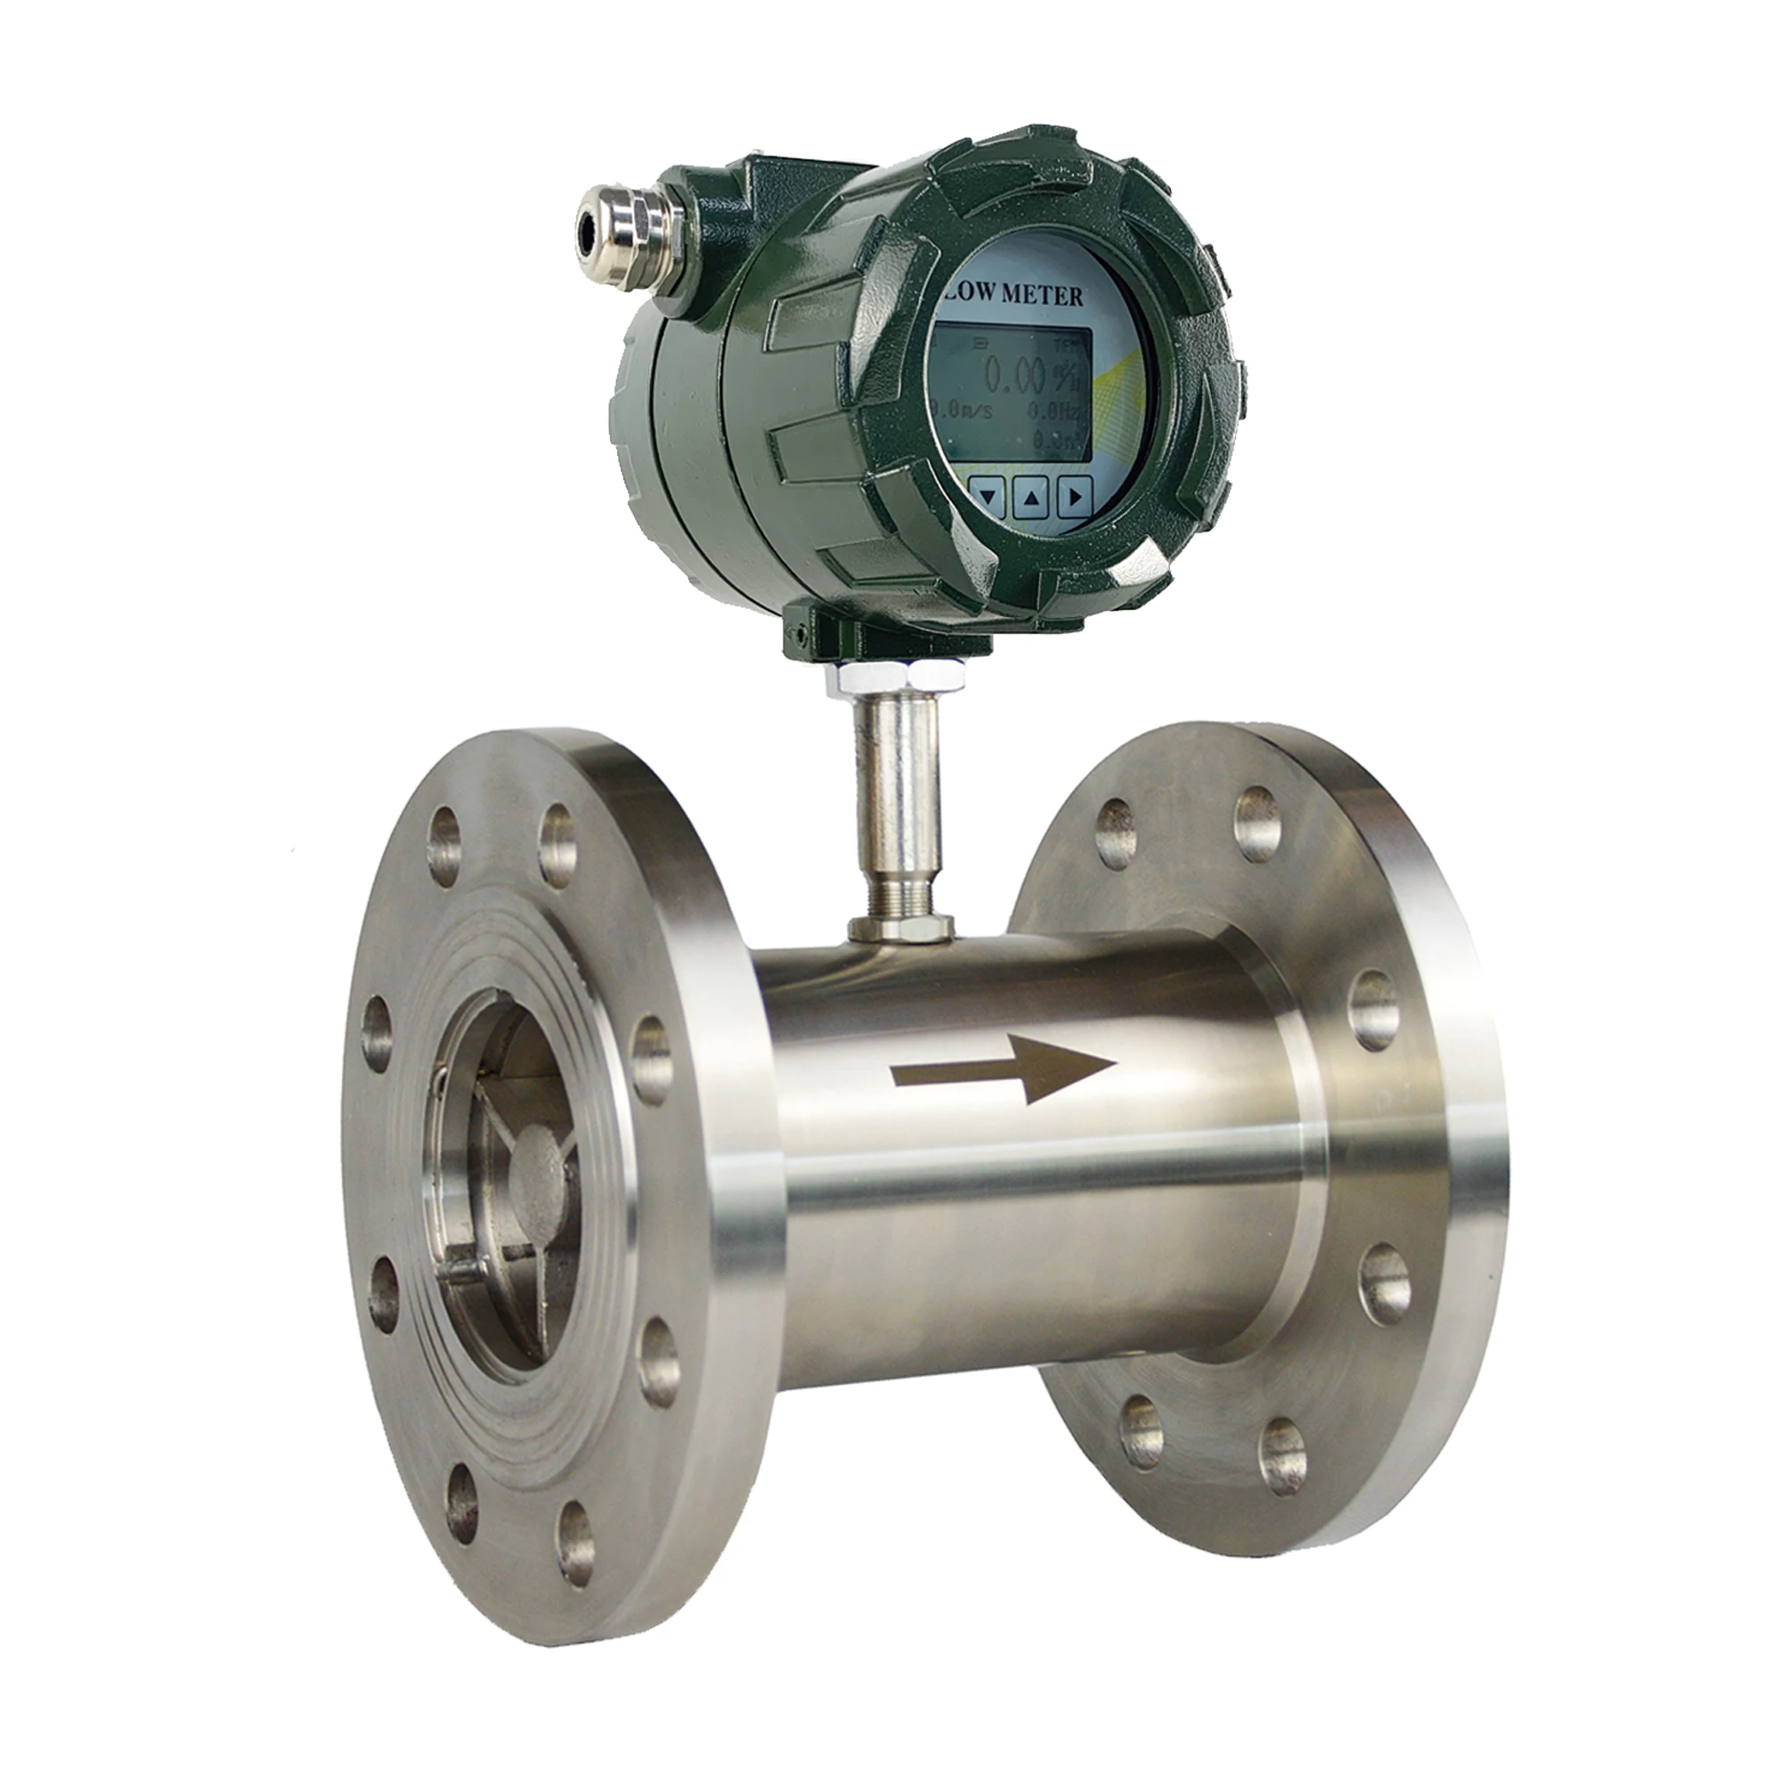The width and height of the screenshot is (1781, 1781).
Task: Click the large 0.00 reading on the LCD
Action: pos(1015,376)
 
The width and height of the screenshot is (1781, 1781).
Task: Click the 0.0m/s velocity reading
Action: pos(963,411)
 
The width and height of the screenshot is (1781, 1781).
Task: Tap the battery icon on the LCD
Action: pos(980,345)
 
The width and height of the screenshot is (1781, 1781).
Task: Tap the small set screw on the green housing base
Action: pos(803,634)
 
